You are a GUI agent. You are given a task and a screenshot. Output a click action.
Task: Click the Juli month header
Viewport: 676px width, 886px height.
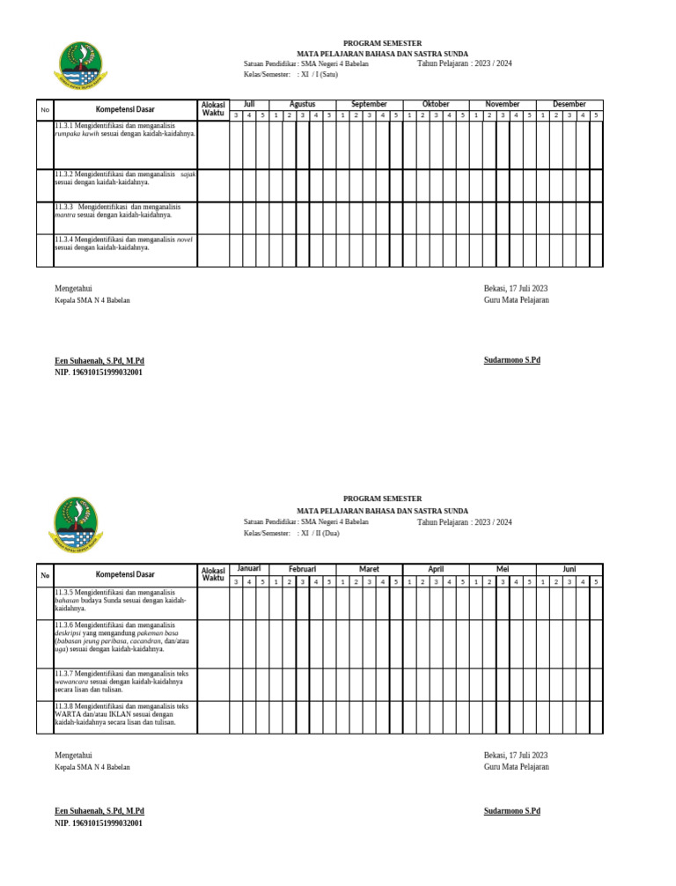click(x=249, y=104)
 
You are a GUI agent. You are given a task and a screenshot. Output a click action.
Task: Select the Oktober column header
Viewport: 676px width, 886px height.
click(x=436, y=104)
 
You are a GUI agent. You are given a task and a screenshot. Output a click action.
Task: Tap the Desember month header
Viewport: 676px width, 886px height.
click(x=569, y=104)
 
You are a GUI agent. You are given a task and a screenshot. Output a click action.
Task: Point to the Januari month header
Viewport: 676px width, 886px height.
click(x=249, y=568)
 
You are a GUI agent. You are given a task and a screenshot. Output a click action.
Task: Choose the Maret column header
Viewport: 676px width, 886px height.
click(x=370, y=569)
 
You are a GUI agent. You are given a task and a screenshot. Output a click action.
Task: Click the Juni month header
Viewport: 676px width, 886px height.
click(x=569, y=569)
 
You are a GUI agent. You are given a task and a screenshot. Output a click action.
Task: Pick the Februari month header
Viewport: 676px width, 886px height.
click(x=302, y=569)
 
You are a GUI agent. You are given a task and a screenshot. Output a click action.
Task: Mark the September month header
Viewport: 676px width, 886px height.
click(x=369, y=104)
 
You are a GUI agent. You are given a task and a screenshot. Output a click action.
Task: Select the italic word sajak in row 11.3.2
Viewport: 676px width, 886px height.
click(x=187, y=174)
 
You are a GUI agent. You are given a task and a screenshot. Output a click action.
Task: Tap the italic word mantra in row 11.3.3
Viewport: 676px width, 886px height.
click(x=64, y=214)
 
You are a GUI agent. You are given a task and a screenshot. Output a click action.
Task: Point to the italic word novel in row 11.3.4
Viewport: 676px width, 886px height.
click(x=185, y=240)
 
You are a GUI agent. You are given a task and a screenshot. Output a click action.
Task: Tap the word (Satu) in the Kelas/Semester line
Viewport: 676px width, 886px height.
click(x=327, y=75)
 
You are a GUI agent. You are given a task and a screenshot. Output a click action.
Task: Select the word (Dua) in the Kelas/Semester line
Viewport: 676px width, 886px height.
click(x=329, y=533)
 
